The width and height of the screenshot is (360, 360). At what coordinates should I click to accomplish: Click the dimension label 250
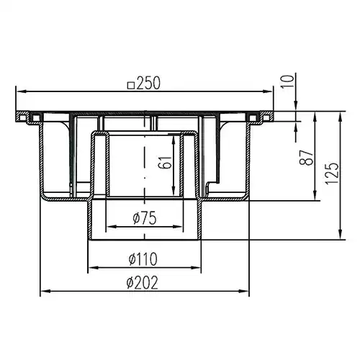[x=148, y=84]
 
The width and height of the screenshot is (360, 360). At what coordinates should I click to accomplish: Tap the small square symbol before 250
[x=130, y=86]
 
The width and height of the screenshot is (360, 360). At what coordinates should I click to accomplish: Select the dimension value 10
[x=288, y=81]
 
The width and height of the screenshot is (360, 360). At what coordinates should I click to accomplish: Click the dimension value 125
[x=332, y=174]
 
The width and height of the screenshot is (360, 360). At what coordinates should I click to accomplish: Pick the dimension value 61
[x=166, y=162]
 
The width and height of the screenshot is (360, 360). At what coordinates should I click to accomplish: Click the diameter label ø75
[x=145, y=218]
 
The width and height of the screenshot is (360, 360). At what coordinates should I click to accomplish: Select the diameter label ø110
[x=143, y=258]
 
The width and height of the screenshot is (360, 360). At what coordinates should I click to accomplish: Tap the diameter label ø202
[x=143, y=282]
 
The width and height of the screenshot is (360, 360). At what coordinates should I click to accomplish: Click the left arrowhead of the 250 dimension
[x=20, y=91]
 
